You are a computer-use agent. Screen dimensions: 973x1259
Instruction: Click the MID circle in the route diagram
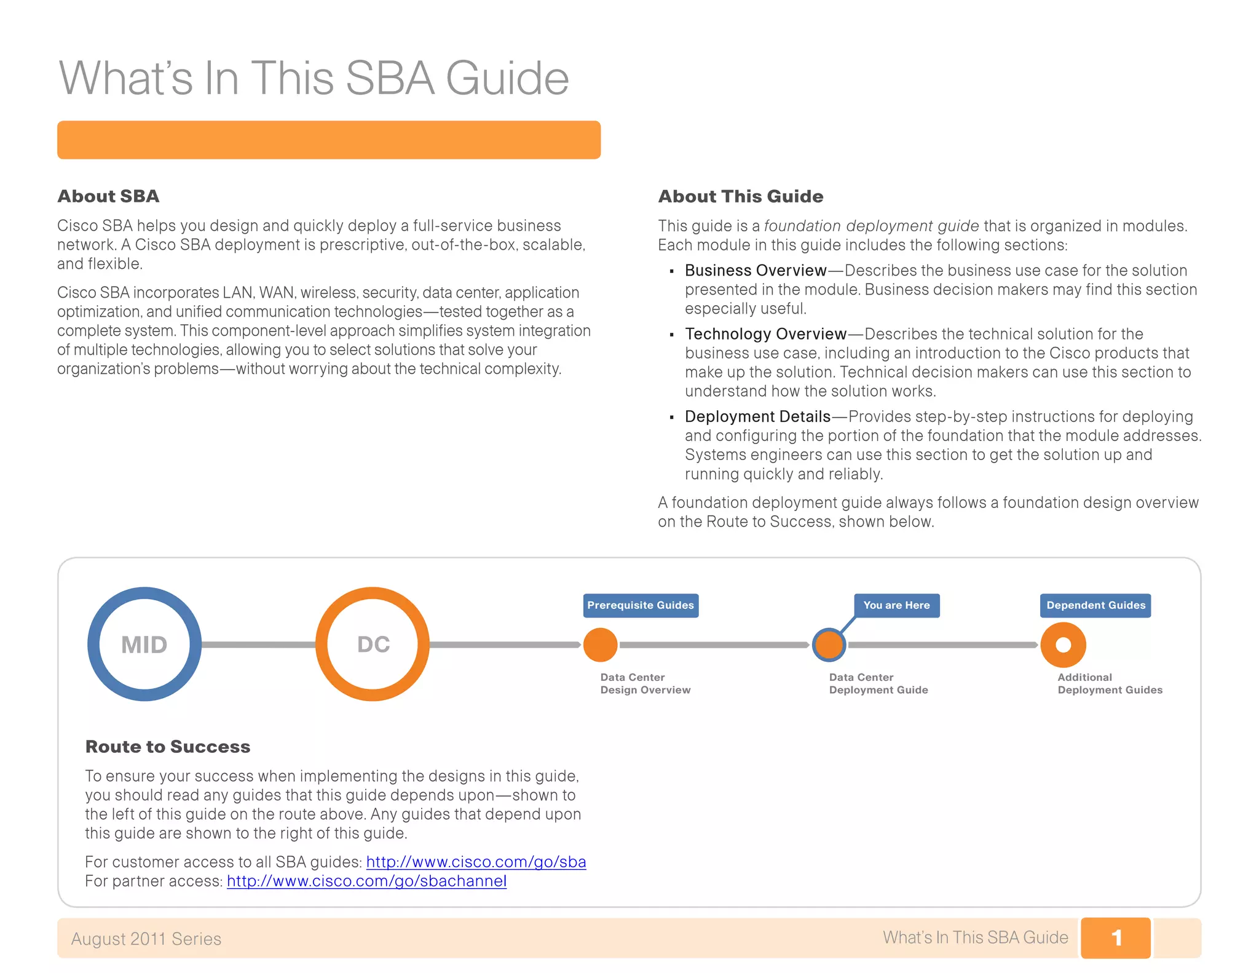pyautogui.click(x=144, y=644)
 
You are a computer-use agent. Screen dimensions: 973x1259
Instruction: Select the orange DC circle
pyautogui.click(x=373, y=644)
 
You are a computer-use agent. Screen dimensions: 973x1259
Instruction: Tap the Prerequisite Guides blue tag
pyautogui.click(x=641, y=605)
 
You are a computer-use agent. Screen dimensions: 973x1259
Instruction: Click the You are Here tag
pyautogui.click(x=896, y=605)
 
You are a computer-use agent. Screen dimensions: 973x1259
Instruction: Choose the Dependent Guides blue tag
pyautogui.click(x=1095, y=605)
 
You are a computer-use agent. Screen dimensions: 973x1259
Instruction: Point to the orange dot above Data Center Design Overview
pyautogui.click(x=600, y=645)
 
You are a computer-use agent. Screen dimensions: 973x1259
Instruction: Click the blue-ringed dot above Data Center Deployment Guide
pyautogui.click(x=829, y=645)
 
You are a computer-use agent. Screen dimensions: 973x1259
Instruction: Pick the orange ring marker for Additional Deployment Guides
pyautogui.click(x=1063, y=645)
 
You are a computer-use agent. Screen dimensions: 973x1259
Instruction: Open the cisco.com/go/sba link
pyautogui.click(x=476, y=862)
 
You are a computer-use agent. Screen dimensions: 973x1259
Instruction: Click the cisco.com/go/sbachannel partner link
pyautogui.click(x=366, y=881)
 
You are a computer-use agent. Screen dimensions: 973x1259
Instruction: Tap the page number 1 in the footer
pyautogui.click(x=1116, y=938)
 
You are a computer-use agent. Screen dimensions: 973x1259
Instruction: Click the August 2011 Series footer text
pyautogui.click(x=146, y=939)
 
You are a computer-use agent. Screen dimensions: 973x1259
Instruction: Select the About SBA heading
pyautogui.click(x=108, y=196)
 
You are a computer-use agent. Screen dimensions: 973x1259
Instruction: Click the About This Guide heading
pyautogui.click(x=741, y=196)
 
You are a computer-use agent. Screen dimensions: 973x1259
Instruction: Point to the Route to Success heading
pyautogui.click(x=168, y=747)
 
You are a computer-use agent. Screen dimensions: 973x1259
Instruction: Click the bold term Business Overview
pyautogui.click(x=756, y=271)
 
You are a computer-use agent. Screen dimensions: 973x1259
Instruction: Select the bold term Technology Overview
pyautogui.click(x=765, y=334)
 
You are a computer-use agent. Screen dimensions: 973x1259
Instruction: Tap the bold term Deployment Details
pyautogui.click(x=757, y=416)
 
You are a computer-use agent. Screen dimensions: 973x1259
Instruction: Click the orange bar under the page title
pyautogui.click(x=329, y=140)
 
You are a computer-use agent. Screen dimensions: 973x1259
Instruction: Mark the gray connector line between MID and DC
pyautogui.click(x=258, y=645)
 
